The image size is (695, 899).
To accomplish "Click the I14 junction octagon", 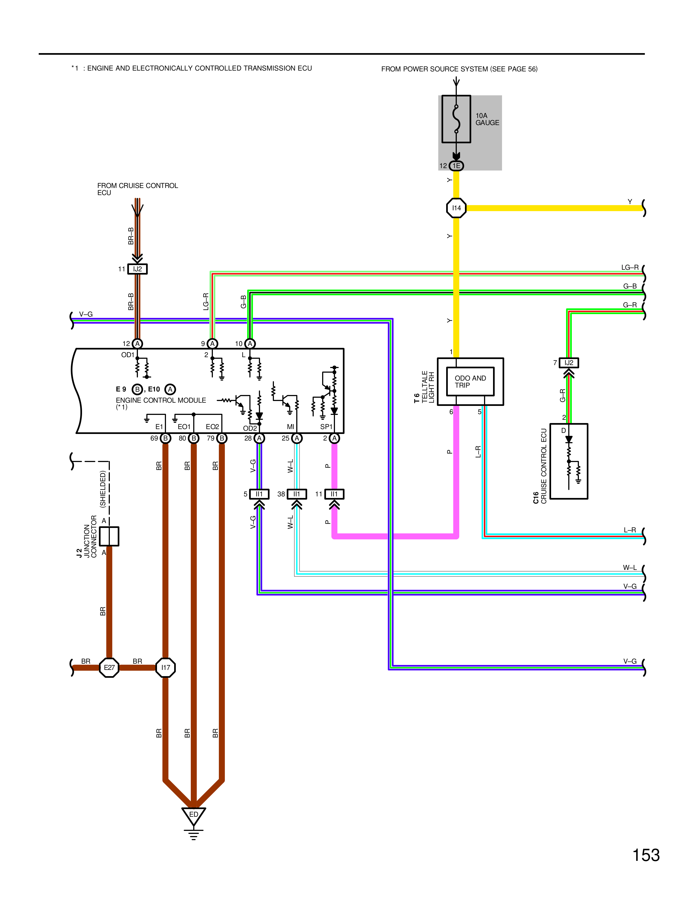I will (x=456, y=208).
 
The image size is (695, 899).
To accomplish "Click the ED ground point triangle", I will (x=194, y=816).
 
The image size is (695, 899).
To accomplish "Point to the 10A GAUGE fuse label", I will (x=487, y=119).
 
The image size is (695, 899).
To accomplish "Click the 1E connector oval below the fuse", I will (x=456, y=165).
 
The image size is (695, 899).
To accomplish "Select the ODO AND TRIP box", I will (x=470, y=382).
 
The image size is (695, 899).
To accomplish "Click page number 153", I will (x=646, y=855).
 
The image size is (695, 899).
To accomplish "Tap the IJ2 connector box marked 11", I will (x=138, y=269).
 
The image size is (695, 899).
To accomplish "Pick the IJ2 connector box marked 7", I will (x=569, y=363).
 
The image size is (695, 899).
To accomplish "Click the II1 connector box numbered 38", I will (x=297, y=494).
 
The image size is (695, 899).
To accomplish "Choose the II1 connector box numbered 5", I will (x=259, y=494).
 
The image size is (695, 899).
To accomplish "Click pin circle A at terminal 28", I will (x=259, y=438).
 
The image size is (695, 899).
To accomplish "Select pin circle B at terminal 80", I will (x=194, y=438).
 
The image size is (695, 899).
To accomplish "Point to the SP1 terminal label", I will (x=326, y=427).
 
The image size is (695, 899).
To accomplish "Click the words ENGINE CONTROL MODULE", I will (x=161, y=400).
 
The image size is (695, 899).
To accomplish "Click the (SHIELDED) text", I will (x=103, y=489).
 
